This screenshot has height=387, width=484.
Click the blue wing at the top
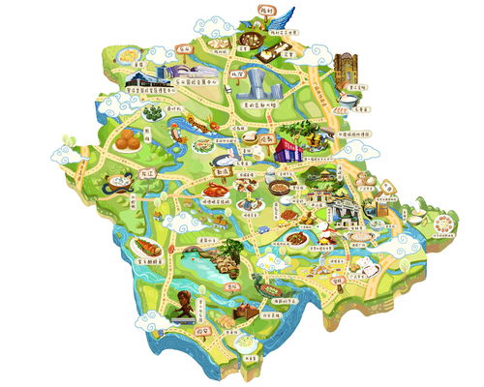(x=279, y=17)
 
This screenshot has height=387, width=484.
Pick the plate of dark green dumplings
(x=154, y=113)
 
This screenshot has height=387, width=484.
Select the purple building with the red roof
(x=288, y=148)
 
